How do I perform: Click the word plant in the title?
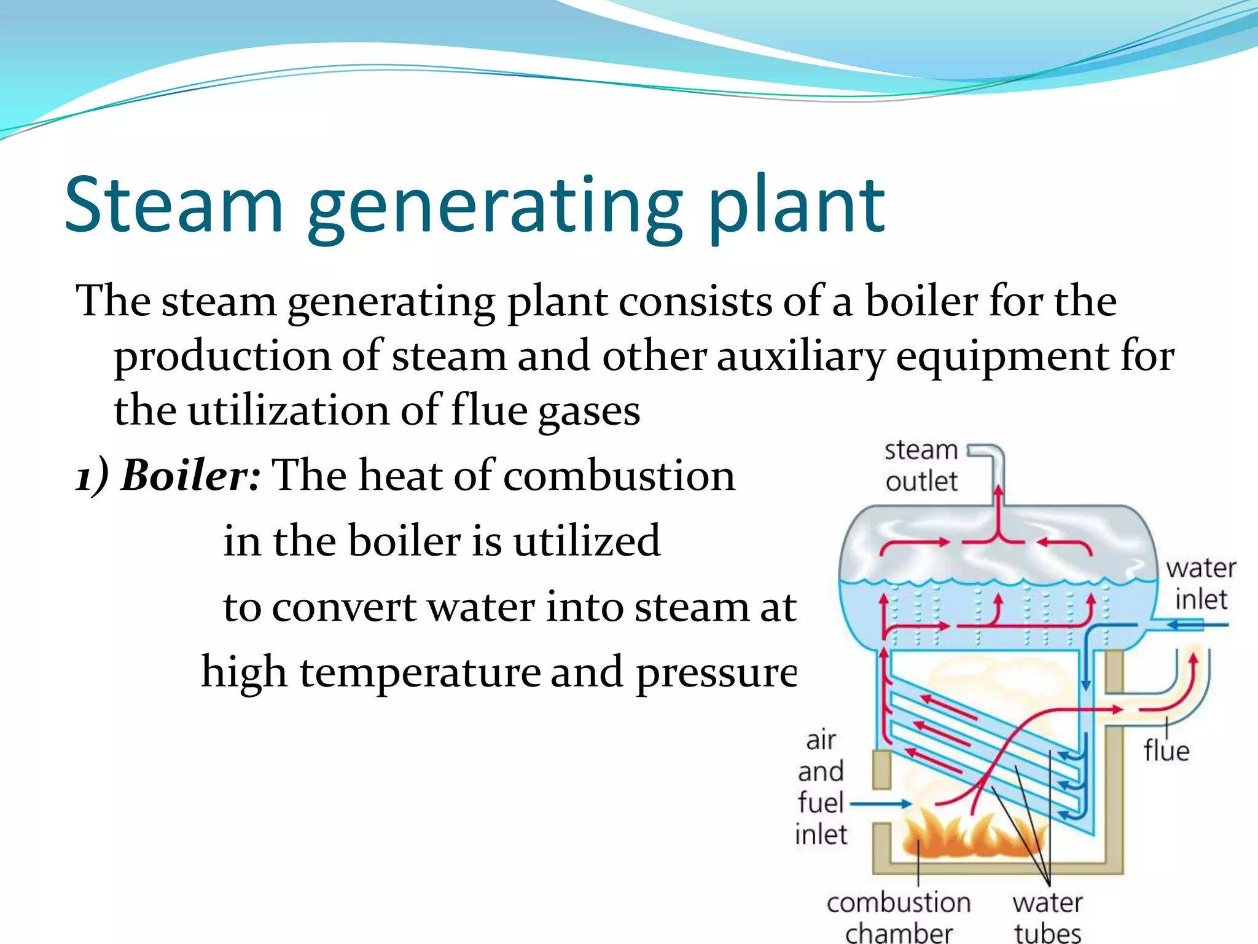coord(796,206)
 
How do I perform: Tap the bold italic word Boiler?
coord(191,476)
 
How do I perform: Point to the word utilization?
coord(288,411)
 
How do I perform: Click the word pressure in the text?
coord(716,672)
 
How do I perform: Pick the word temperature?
coord(418,672)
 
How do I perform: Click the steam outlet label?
coord(921,466)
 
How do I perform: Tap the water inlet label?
coord(1200,583)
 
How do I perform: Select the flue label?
coord(1166,751)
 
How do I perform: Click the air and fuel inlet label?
coord(821,787)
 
